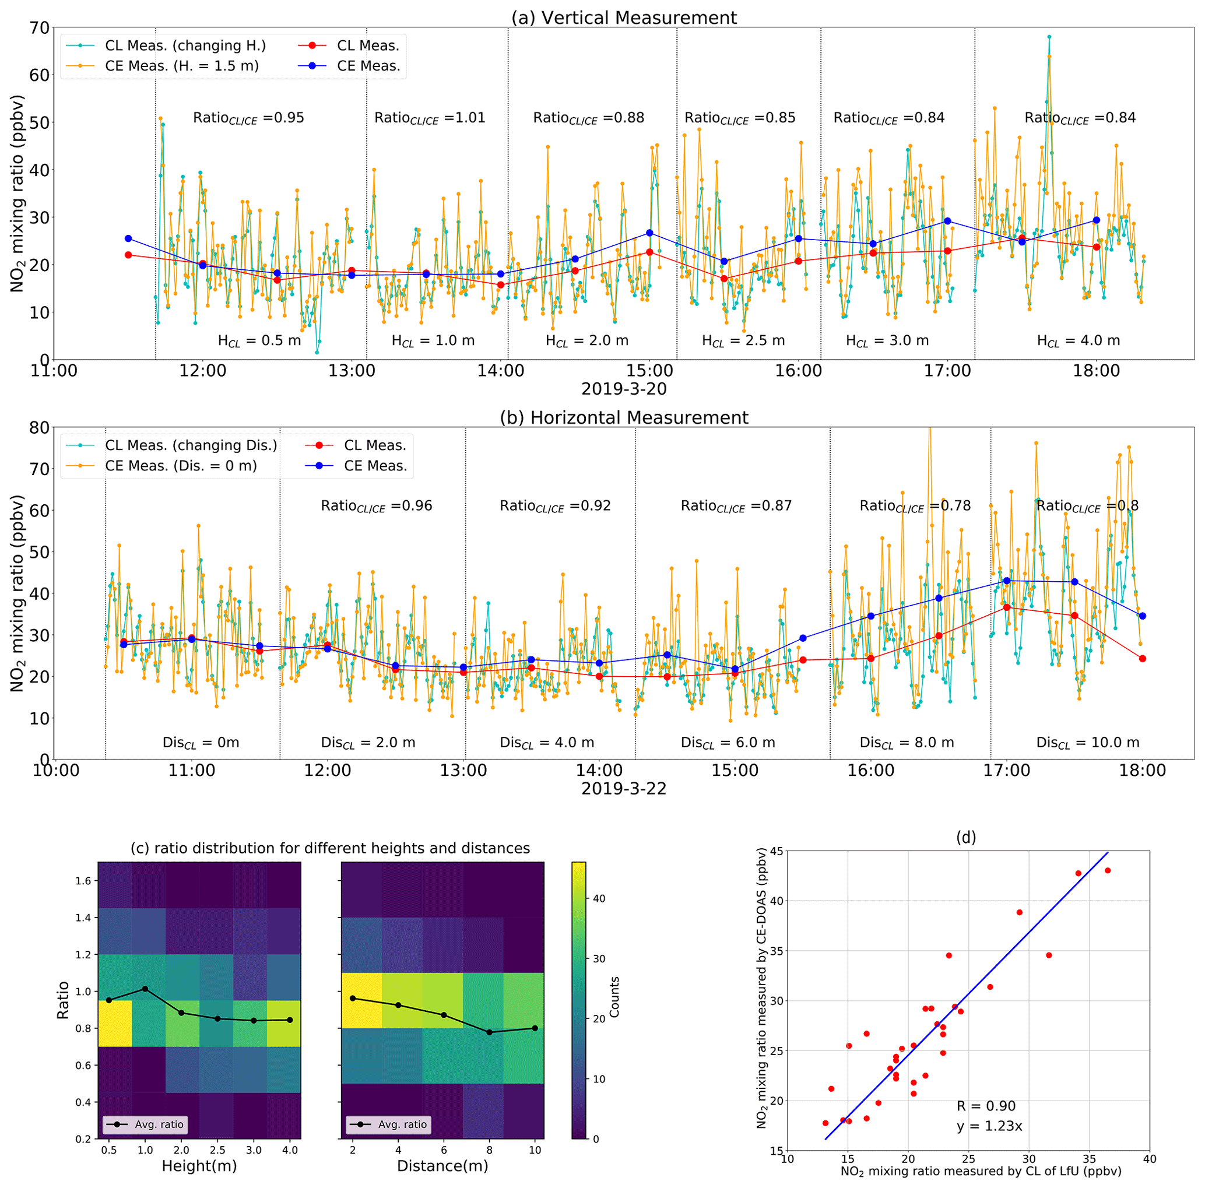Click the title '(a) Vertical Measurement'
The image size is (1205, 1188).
(x=624, y=17)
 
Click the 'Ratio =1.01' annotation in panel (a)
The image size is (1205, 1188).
(x=430, y=118)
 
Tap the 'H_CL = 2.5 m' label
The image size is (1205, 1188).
(x=743, y=340)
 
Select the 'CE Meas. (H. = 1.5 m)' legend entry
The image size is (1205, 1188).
(x=181, y=66)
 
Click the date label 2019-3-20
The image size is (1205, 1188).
(x=624, y=389)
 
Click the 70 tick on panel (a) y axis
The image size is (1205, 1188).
(x=39, y=27)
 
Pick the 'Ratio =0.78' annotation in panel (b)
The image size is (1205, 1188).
(x=915, y=506)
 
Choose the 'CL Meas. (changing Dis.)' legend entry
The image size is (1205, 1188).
(x=191, y=445)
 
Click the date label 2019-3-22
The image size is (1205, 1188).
(x=624, y=789)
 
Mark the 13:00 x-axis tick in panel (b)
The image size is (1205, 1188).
(x=464, y=771)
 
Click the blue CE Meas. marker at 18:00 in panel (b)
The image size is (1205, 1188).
(x=1142, y=616)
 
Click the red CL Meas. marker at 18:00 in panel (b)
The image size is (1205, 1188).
(x=1142, y=659)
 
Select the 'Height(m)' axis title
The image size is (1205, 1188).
(x=199, y=1165)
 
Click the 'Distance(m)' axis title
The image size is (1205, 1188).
(x=442, y=1165)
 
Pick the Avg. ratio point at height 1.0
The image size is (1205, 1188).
(x=145, y=989)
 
